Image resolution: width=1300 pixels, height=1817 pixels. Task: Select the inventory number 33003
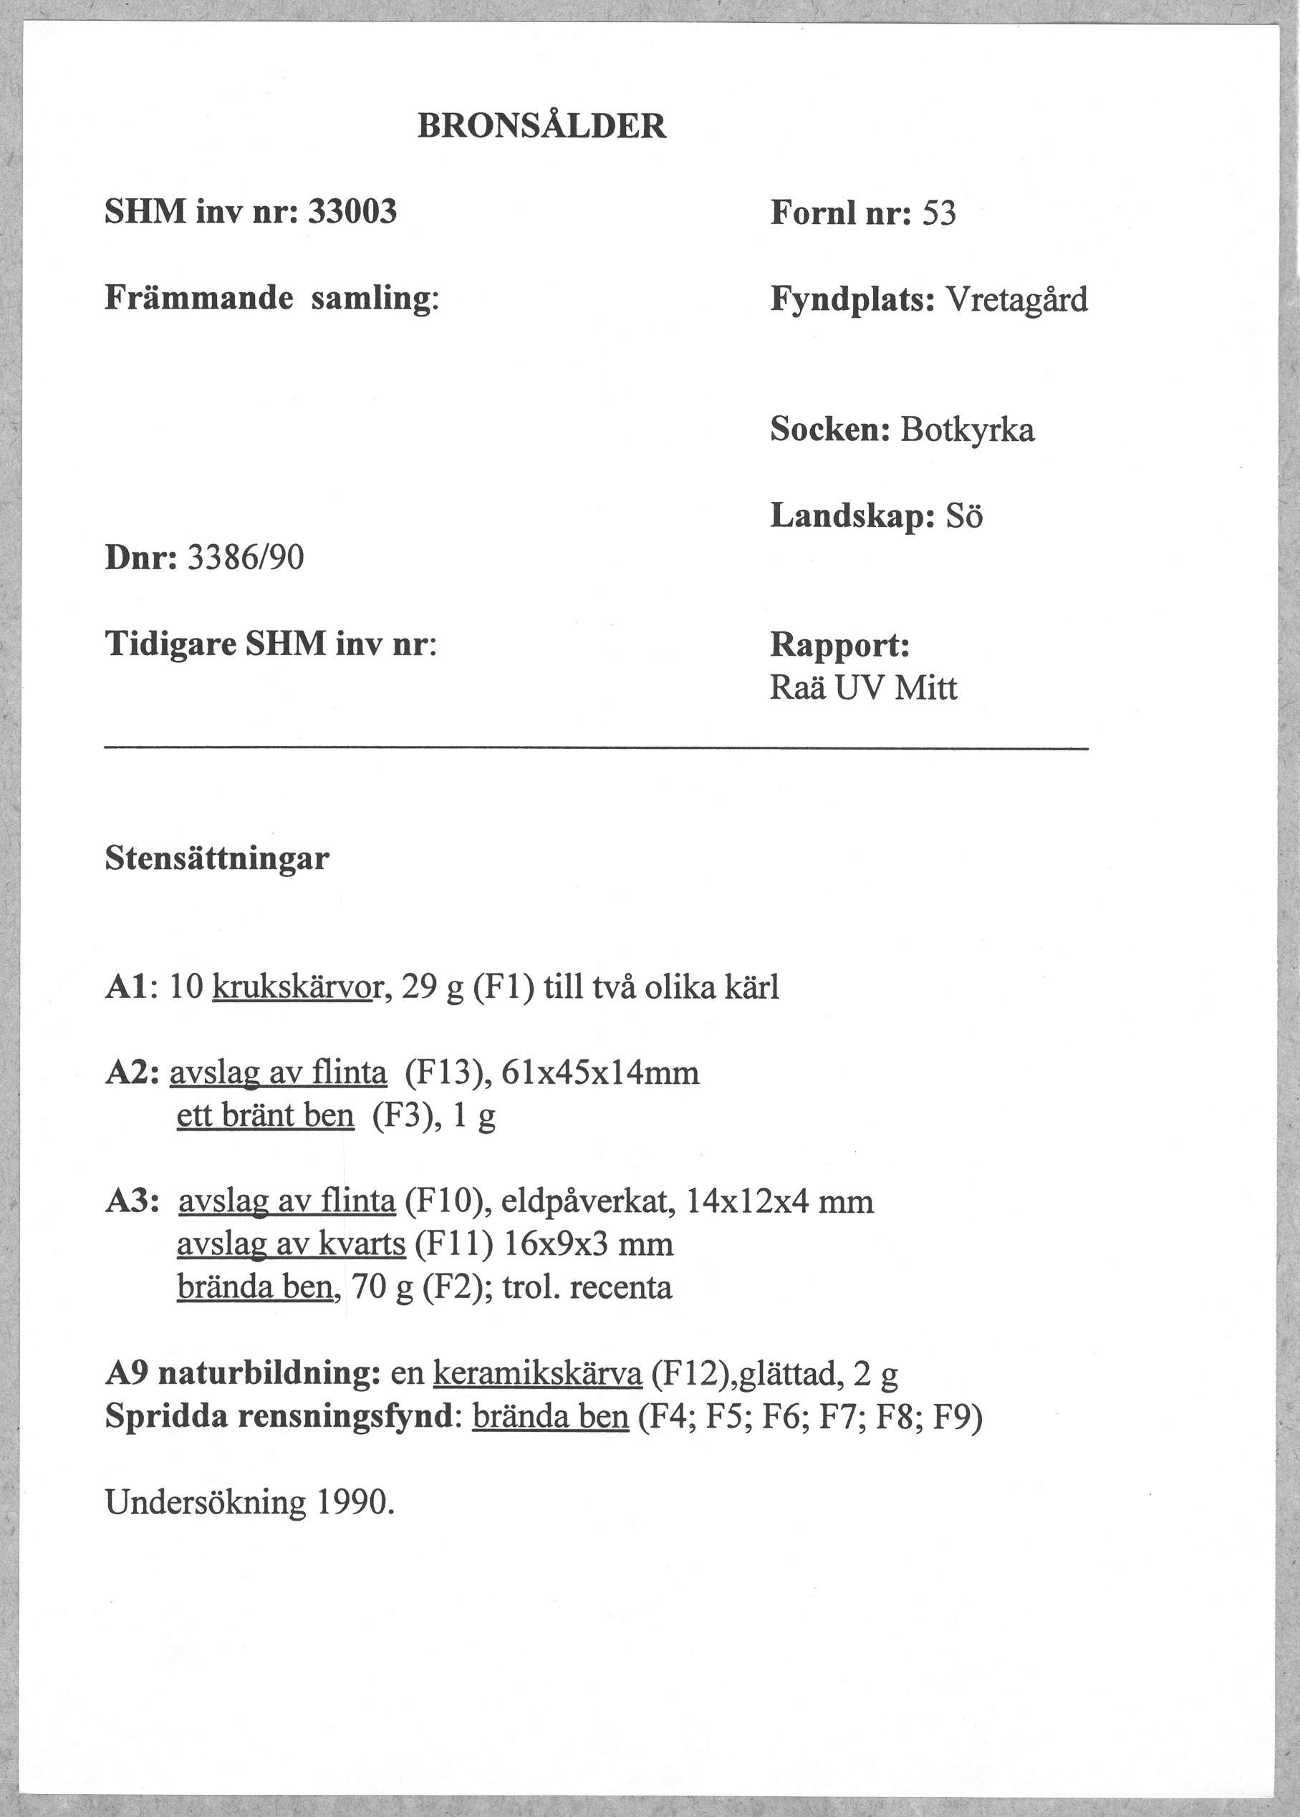(352, 212)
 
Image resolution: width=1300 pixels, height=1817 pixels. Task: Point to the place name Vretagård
(1017, 300)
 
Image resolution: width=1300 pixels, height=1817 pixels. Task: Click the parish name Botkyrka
(967, 430)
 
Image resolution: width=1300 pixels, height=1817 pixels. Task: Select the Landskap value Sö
(964, 517)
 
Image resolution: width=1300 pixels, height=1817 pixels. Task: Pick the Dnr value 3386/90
(245, 558)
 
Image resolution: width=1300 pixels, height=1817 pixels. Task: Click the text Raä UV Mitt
(863, 688)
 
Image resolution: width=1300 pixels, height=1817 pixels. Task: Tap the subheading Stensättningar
(217, 858)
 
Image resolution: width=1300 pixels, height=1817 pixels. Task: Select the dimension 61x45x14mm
(600, 1073)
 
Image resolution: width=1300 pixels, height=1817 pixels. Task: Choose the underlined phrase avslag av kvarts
(292, 1244)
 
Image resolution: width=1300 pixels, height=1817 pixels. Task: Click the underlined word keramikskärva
(537, 1375)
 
